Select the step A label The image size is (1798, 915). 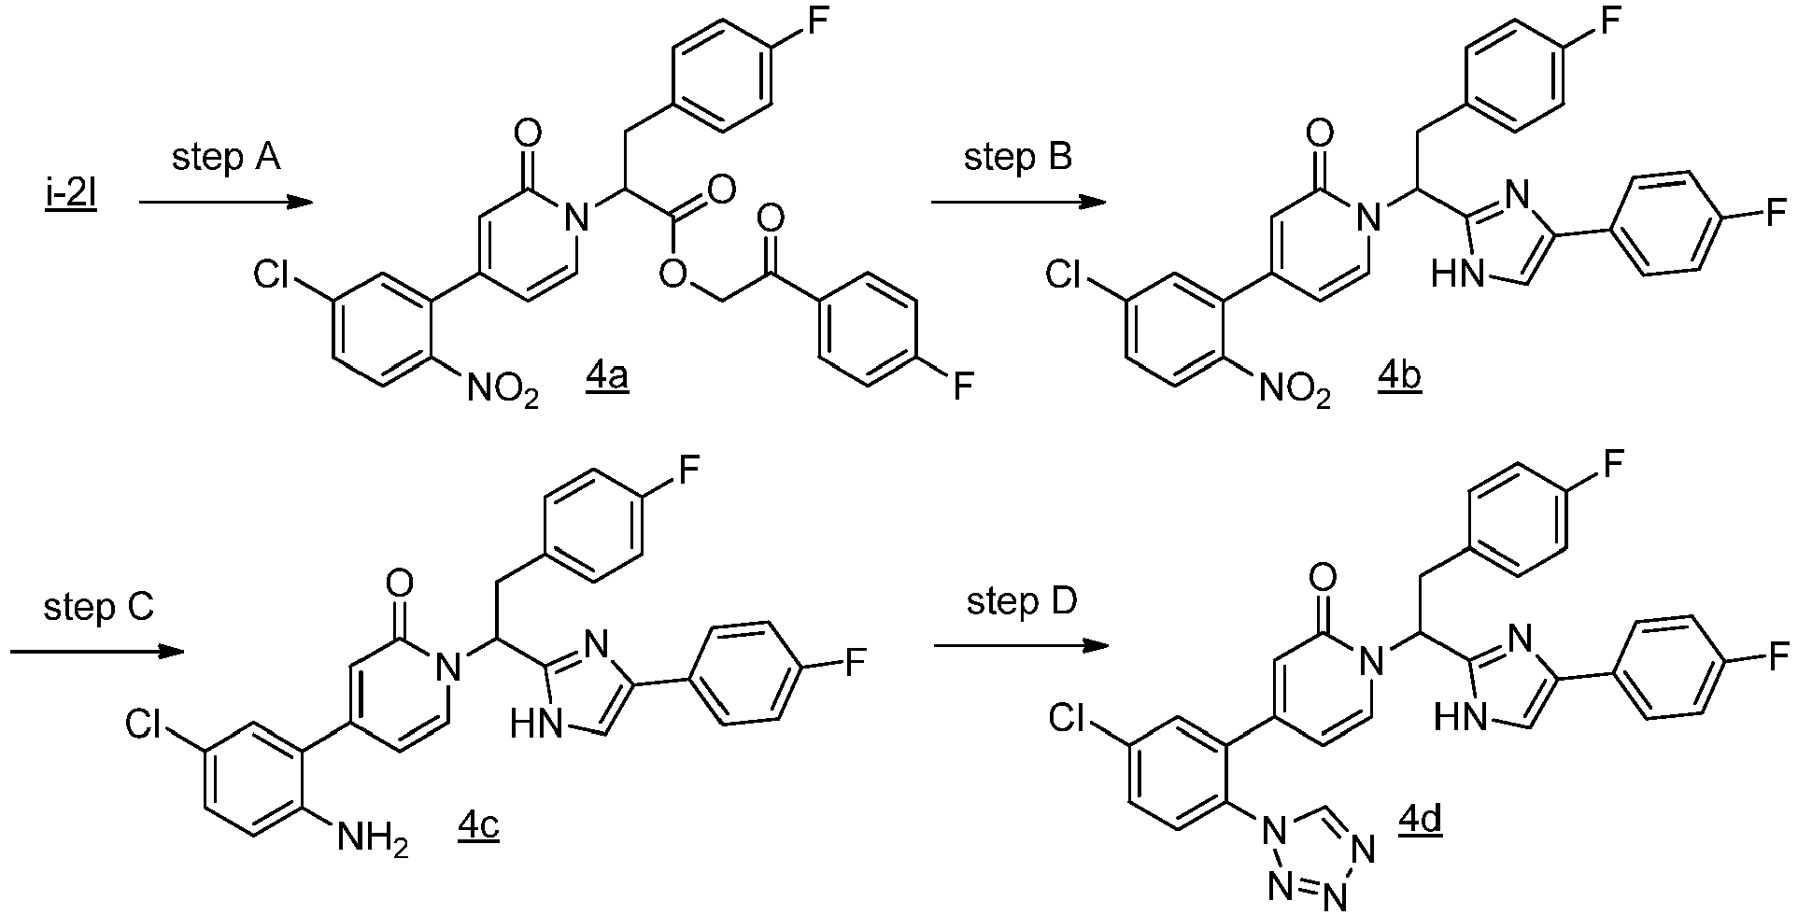click(225, 160)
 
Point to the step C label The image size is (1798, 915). click(98, 608)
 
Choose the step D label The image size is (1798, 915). click(1022, 602)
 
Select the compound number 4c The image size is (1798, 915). click(478, 826)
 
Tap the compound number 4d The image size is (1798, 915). click(1420, 822)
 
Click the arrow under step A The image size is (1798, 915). click(225, 202)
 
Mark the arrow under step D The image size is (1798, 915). click(1020, 646)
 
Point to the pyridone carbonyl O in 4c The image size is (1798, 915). click(400, 585)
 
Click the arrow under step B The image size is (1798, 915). click(1018, 202)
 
